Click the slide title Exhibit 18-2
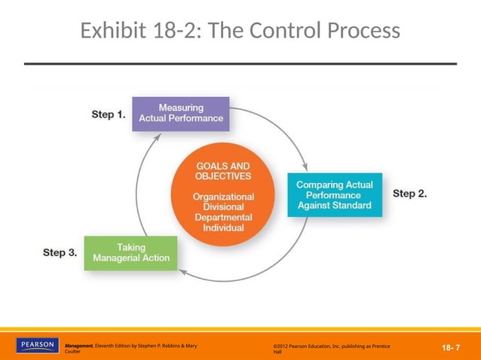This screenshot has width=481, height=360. pos(240,31)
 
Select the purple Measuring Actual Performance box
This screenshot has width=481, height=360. pos(181,113)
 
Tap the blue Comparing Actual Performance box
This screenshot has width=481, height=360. pos(334,195)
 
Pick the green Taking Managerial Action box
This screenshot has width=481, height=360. pos(131,253)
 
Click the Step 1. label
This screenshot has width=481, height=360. pos(109,114)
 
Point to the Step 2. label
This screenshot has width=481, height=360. pos(410,194)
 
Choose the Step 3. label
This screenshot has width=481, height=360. pos(60,252)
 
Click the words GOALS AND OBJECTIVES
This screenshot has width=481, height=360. pos(223,171)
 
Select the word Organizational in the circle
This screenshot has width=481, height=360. pos(223,196)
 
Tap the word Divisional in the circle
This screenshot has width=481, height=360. pos(223,206)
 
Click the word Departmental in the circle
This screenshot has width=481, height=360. pos(223,217)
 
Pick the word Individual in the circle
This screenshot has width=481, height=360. pos(223,227)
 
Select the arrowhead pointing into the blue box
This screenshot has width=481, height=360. pos(305,167)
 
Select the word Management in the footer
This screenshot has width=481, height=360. pos(78,346)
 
